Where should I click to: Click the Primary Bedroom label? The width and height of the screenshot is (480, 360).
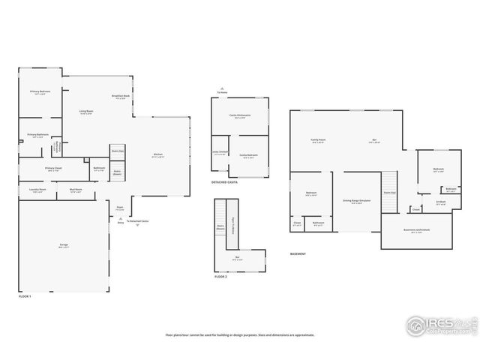[x=39, y=92]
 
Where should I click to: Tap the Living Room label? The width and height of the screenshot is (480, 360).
[x=85, y=112]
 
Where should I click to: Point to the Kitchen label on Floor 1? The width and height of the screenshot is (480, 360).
[x=158, y=155]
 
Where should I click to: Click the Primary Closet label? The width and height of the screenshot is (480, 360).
[x=52, y=169]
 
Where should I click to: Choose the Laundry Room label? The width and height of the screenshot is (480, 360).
[x=37, y=190]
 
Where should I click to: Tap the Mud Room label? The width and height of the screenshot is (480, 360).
[x=76, y=190]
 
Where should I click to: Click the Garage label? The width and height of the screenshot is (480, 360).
[x=64, y=245]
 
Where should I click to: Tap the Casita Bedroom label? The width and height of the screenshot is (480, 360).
[x=249, y=155]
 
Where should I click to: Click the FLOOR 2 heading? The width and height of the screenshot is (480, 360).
[x=221, y=277]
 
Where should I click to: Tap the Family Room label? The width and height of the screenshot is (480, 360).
[x=318, y=140]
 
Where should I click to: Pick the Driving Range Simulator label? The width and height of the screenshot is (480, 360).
[x=357, y=200]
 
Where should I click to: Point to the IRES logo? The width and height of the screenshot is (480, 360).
[x=440, y=325]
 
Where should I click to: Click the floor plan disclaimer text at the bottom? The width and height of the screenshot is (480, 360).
[x=240, y=335]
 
